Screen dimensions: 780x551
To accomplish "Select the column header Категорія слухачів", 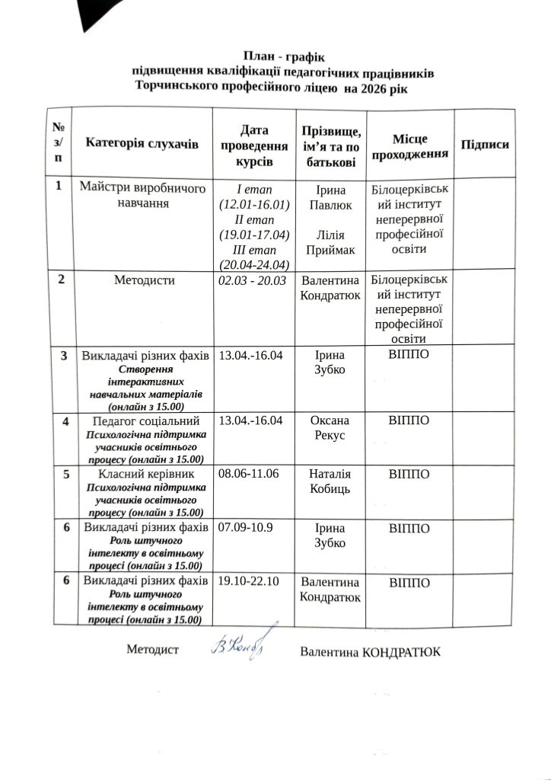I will coord(142,142).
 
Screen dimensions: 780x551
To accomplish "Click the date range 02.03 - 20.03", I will coord(251,281).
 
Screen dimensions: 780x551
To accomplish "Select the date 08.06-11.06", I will coord(248,474).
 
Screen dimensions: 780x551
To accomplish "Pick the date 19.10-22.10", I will coord(249,581).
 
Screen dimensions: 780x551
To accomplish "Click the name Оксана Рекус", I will coord(330,427).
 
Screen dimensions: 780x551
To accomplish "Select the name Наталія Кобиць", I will coord(330,481).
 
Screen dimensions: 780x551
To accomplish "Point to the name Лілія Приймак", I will coord(330,241).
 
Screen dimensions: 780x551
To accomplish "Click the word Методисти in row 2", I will coord(145,280).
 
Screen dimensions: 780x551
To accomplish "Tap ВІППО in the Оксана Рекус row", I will coord(409,420).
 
